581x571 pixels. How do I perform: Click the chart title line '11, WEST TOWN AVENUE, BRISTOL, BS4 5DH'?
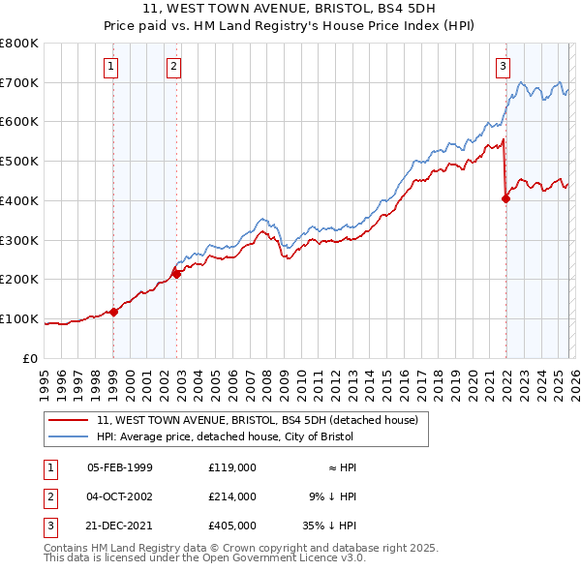pyautogui.click(x=290, y=11)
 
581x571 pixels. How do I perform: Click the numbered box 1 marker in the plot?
pyautogui.click(x=111, y=67)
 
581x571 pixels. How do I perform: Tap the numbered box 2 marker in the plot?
pyautogui.click(x=173, y=67)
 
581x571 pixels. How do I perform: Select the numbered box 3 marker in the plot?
pyautogui.click(x=504, y=67)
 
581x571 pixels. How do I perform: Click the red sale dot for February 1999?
pyautogui.click(x=113, y=312)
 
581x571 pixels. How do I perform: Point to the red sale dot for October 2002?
pyautogui.click(x=176, y=274)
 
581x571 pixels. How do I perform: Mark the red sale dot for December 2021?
pyautogui.click(x=505, y=198)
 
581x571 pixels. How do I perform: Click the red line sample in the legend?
pyautogui.click(x=70, y=421)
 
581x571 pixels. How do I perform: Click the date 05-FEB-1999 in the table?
pyautogui.click(x=120, y=467)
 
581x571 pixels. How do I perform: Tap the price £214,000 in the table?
pyautogui.click(x=231, y=496)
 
